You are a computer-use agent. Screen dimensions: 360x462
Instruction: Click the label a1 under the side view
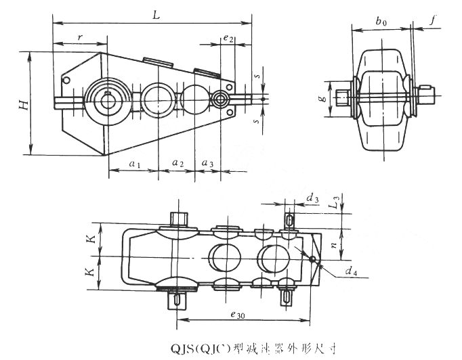coord(134,163)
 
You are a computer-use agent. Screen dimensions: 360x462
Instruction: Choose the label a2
coord(177,163)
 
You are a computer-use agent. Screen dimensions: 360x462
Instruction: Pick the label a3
coord(208,163)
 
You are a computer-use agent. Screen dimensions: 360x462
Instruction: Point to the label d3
coord(313,198)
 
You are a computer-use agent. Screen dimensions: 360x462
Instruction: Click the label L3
coord(333,202)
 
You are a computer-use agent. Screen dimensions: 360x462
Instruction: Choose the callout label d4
coord(351,272)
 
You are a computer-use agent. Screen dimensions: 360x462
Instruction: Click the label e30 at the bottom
coord(237,314)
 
